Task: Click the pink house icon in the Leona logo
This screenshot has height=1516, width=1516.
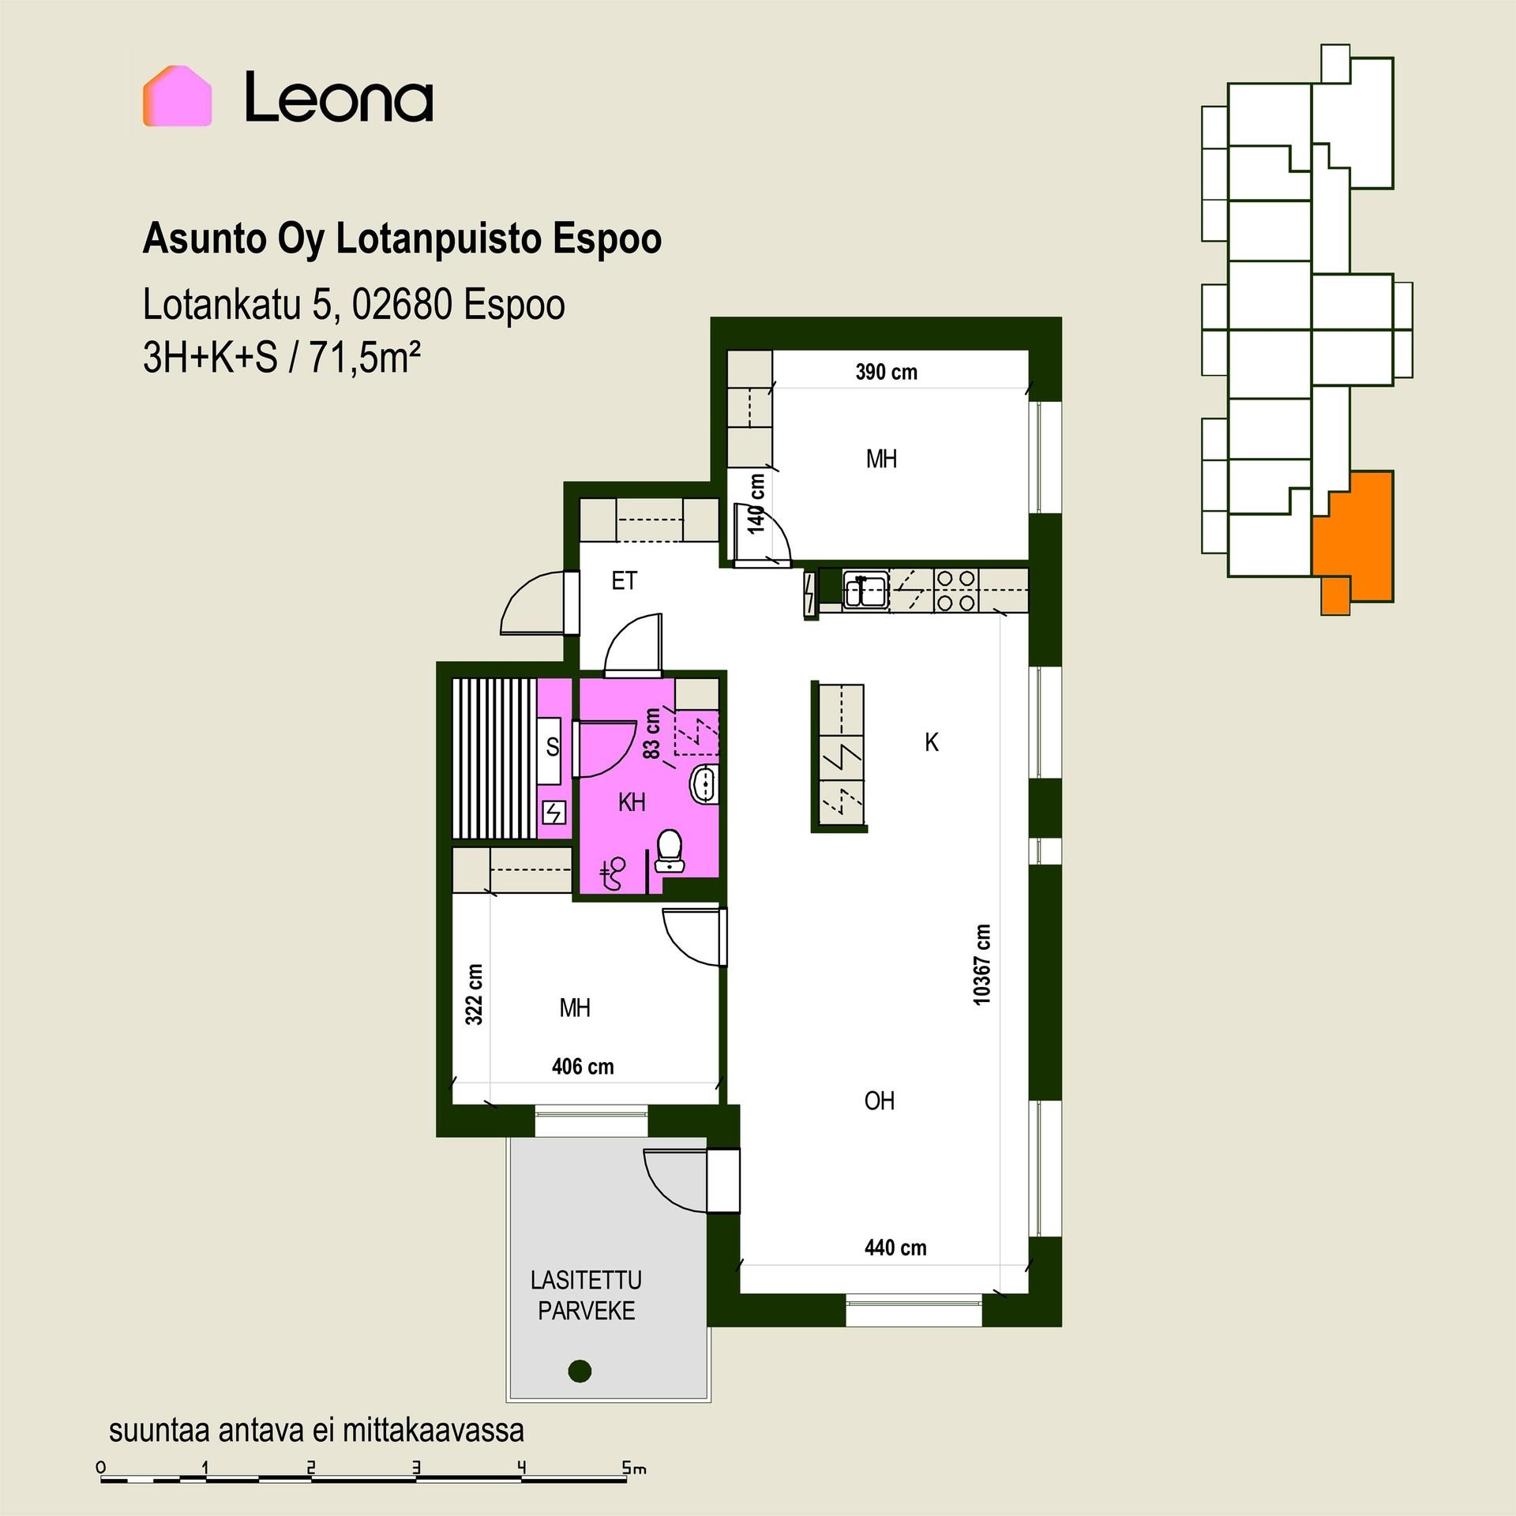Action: (x=177, y=96)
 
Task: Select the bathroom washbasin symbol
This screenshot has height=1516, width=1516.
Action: (x=704, y=784)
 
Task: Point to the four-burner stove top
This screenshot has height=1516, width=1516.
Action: (x=956, y=590)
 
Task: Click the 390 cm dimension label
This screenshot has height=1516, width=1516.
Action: (x=886, y=372)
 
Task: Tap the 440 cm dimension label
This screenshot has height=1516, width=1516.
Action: (x=895, y=1248)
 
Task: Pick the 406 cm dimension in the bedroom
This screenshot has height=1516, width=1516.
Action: (x=583, y=1067)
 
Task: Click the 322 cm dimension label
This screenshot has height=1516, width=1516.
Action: (x=474, y=994)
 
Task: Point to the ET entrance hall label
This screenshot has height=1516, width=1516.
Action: (x=624, y=581)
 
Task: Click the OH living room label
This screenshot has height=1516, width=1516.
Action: (x=880, y=1101)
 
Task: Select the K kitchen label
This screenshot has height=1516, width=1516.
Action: (x=932, y=742)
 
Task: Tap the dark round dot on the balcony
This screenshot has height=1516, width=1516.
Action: (x=580, y=1370)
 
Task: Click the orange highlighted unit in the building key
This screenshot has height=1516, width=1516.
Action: (x=1353, y=536)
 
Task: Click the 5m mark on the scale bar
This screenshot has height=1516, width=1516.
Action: (x=634, y=1468)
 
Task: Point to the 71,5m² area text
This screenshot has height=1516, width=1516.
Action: (x=364, y=358)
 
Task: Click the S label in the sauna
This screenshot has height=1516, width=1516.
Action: (x=553, y=746)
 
